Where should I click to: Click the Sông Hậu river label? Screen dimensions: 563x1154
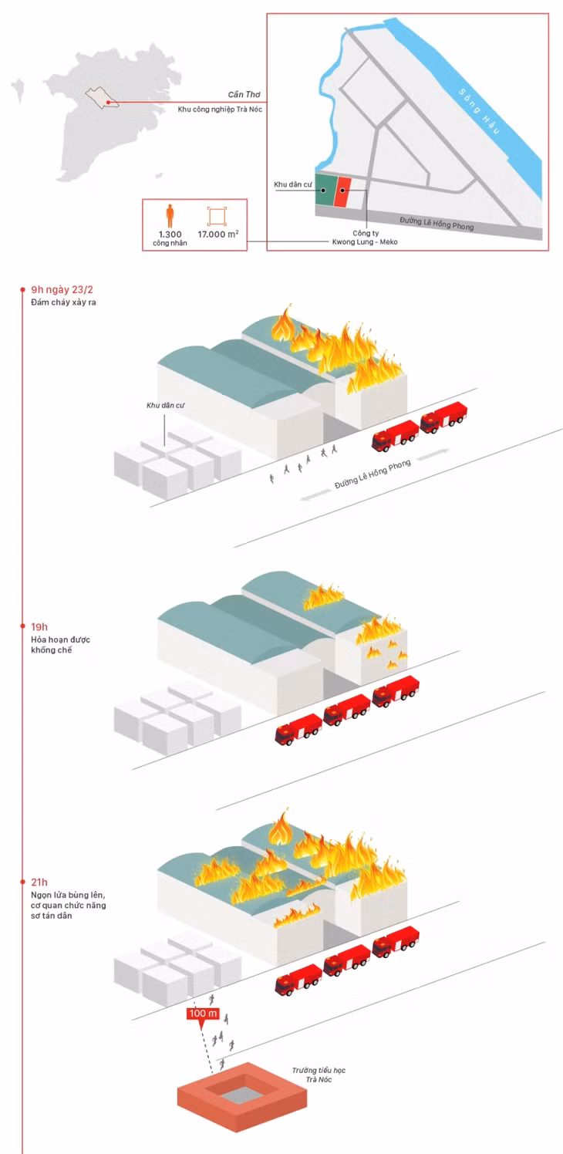coord(479,111)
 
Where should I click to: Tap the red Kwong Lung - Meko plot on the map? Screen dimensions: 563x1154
coord(342,191)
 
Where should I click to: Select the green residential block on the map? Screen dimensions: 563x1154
coord(325,190)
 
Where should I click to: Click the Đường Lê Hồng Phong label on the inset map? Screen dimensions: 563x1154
coord(437,223)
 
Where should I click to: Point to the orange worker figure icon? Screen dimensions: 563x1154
coord(170,215)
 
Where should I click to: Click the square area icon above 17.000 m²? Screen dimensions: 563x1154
coord(217,216)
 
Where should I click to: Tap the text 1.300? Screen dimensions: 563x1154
coord(170,234)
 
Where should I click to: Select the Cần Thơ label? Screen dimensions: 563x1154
coord(244,94)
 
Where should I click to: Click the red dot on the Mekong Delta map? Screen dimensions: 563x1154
coord(108,103)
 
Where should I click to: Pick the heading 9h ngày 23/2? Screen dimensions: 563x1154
coord(62,289)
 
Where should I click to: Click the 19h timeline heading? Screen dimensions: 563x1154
coord(39,626)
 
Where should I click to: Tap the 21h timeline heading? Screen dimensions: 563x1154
coord(39,882)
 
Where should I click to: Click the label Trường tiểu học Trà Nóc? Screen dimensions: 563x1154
coord(319,1075)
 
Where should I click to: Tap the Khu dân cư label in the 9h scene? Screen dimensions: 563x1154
coord(165,406)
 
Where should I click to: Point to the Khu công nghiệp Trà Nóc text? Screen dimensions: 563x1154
coord(220,110)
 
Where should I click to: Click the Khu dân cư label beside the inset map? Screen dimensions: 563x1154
coord(292,184)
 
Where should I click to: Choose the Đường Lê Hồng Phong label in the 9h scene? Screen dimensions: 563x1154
coord(373,474)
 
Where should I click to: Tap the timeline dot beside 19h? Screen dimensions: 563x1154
coord(22,626)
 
